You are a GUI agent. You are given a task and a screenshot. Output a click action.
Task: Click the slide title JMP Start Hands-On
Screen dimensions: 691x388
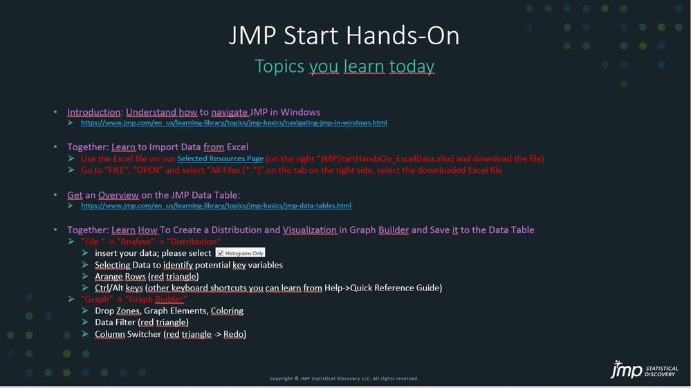(344, 36)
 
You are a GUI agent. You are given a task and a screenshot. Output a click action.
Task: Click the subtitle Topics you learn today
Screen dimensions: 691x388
(344, 66)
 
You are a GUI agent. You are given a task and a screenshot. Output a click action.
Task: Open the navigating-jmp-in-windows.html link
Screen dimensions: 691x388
(234, 122)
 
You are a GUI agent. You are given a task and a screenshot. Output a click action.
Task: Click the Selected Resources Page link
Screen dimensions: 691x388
(221, 158)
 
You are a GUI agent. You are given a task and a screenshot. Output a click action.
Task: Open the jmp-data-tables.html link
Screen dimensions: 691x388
(216, 205)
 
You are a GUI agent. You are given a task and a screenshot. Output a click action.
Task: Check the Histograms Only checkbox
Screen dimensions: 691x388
(221, 253)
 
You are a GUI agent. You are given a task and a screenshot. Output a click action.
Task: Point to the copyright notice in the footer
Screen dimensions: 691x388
(344, 378)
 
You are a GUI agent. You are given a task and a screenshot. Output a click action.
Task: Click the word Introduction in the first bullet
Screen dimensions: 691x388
(93, 112)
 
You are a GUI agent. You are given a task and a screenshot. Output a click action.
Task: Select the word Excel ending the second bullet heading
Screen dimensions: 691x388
(237, 147)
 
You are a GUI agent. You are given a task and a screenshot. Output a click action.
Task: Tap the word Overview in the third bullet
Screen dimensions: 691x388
(118, 194)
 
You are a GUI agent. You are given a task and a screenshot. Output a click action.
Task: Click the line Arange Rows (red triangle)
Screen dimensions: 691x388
(147, 277)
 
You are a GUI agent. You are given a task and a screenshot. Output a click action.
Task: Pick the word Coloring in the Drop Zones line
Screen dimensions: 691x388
(227, 311)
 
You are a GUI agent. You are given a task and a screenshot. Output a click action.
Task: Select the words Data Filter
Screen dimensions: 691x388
(115, 322)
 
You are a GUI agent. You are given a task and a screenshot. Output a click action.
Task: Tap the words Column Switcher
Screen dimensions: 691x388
(128, 334)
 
